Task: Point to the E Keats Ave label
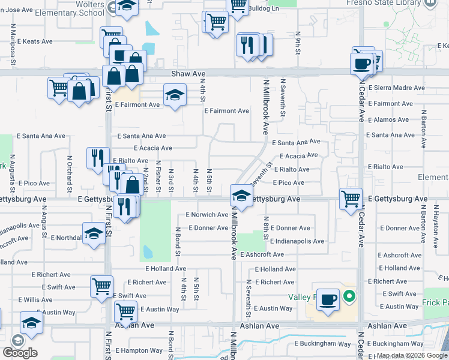pos(34,42)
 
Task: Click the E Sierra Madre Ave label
pos(396,88)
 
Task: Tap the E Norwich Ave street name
pos(207,215)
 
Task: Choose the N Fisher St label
pos(158,176)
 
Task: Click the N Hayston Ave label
pos(435,227)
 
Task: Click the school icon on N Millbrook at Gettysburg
pos(241,195)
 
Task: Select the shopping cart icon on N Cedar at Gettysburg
pos(350,197)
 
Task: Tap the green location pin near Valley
pos(348,296)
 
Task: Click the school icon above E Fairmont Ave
pos(175,95)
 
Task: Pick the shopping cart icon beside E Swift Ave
pos(101,286)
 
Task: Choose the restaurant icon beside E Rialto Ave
pos(97,158)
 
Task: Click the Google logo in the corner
pos(20,353)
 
